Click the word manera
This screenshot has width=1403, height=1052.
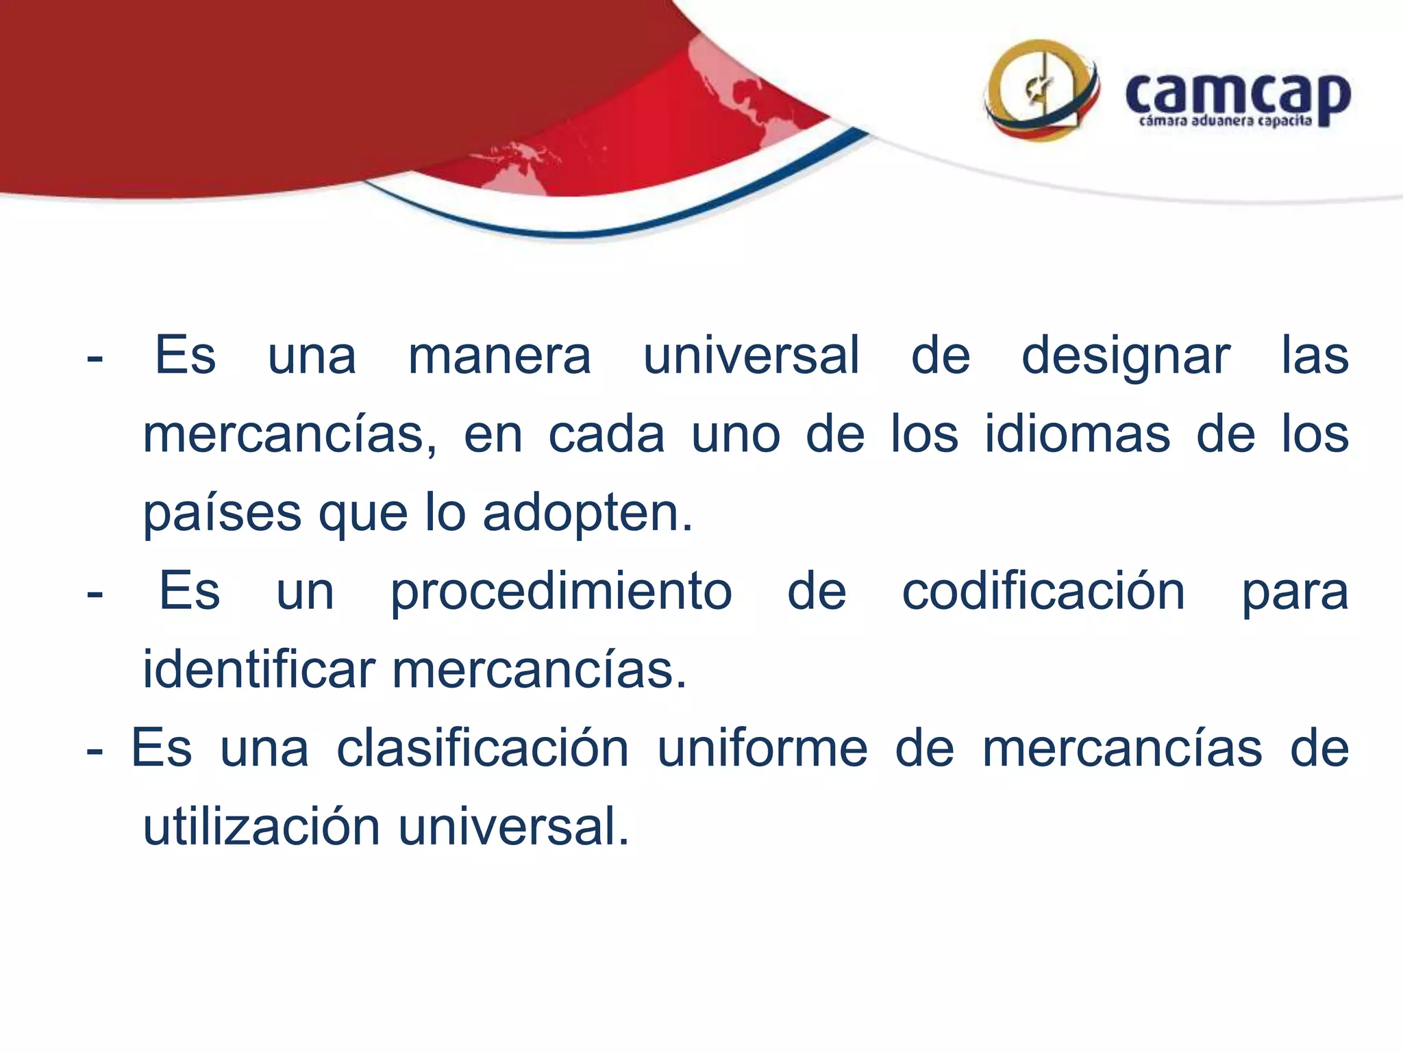tap(499, 355)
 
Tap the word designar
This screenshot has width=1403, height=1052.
tap(1126, 357)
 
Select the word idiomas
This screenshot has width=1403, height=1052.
tap(1078, 434)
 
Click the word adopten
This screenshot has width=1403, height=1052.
tap(588, 514)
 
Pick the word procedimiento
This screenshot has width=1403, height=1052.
tap(561, 592)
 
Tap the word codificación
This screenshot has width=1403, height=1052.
tap(1043, 591)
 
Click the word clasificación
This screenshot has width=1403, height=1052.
tap(482, 748)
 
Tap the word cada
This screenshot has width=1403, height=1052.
tap(606, 434)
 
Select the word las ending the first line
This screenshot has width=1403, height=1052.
tap(1315, 355)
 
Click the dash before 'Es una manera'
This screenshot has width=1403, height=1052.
tap(95, 358)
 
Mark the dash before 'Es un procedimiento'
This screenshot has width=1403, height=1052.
tap(95, 594)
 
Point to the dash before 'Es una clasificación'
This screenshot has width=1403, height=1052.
tap(95, 751)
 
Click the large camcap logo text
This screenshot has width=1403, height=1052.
tap(1237, 96)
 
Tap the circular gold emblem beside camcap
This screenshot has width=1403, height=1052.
tap(1041, 90)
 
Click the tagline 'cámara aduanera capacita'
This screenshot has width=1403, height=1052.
tap(1225, 122)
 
